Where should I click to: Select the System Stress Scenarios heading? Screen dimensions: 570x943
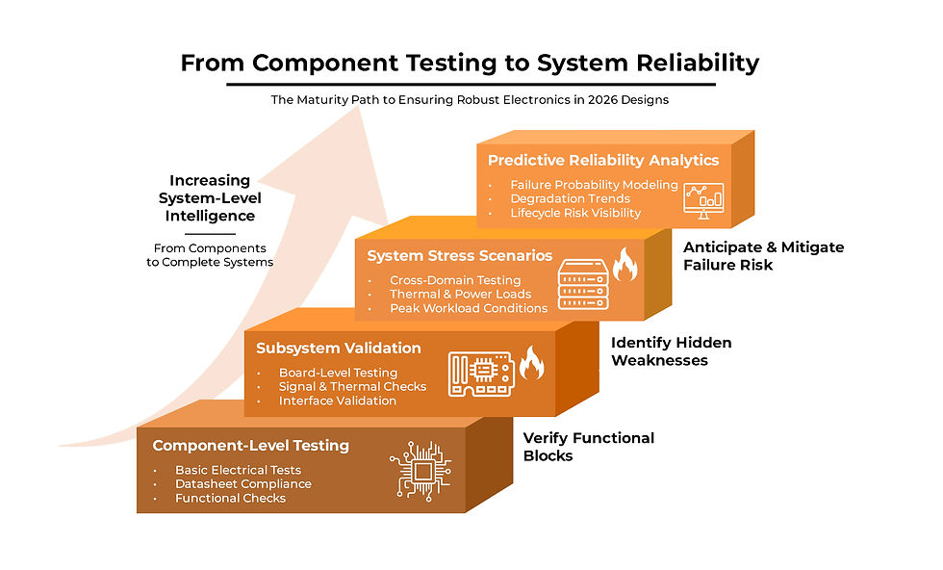(x=460, y=256)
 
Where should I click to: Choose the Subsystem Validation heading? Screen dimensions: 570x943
(x=339, y=348)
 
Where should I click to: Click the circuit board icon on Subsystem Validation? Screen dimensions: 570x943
(x=481, y=372)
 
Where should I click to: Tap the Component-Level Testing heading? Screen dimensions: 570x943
(x=250, y=446)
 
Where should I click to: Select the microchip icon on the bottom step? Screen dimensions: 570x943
(x=421, y=469)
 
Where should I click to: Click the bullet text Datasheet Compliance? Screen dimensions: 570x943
(x=242, y=484)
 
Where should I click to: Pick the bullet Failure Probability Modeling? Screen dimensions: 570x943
(x=594, y=185)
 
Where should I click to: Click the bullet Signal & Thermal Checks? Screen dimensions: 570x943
(x=352, y=387)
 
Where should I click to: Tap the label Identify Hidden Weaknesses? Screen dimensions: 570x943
(x=672, y=351)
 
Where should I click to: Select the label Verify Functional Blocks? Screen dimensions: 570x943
(x=588, y=447)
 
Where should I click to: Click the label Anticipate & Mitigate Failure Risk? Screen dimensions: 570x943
(x=763, y=255)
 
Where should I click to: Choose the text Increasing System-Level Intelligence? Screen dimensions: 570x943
(x=209, y=197)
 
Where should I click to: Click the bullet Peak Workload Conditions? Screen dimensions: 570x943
(x=468, y=308)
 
